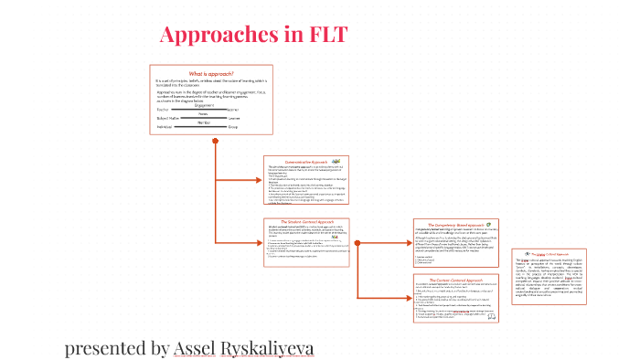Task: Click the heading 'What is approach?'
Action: coord(211,73)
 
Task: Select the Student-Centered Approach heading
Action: coord(302,221)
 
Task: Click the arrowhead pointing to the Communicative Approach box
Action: coord(259,180)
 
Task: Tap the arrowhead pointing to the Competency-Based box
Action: coord(409,243)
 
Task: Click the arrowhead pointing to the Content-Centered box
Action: coord(409,299)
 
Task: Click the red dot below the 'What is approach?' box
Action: coord(215,140)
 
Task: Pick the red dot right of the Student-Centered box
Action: coord(357,241)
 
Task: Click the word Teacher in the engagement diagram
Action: coord(165,109)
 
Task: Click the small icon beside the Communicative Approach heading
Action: coord(336,160)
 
